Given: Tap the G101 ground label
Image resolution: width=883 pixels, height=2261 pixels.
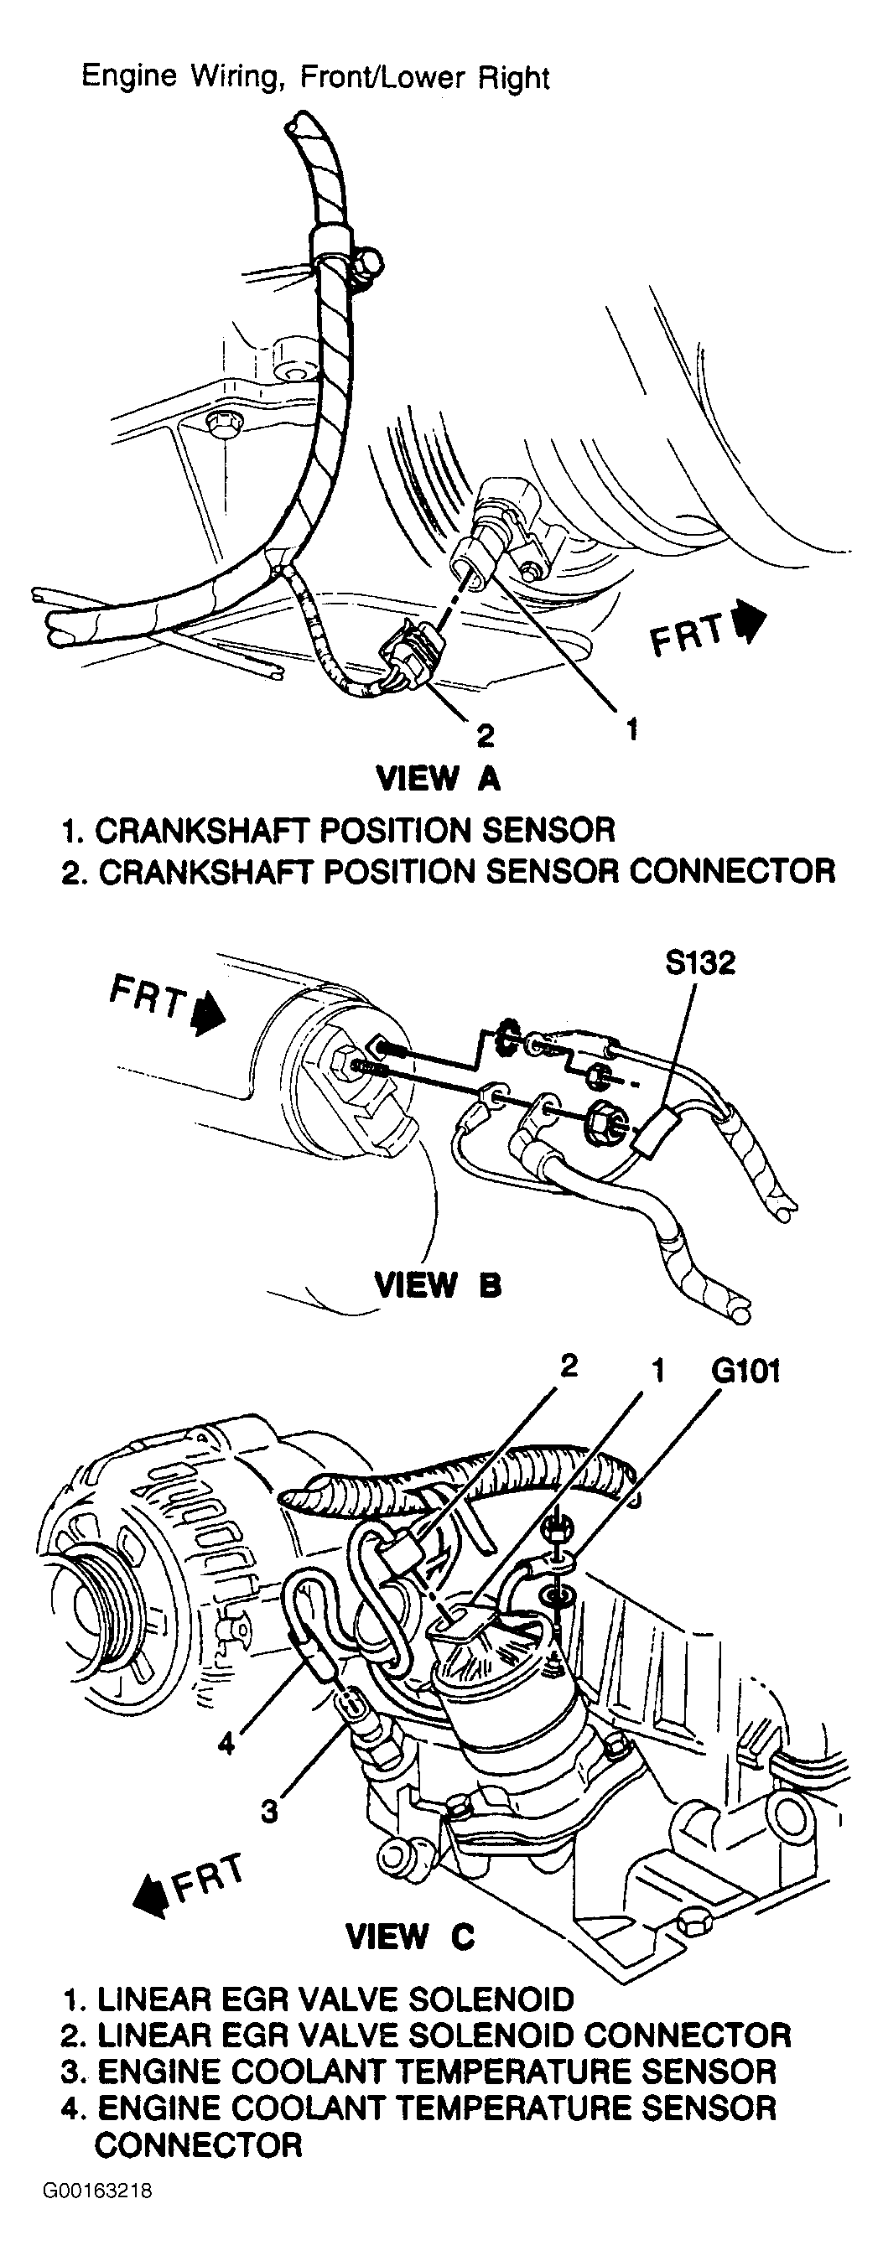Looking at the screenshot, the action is tap(745, 1370).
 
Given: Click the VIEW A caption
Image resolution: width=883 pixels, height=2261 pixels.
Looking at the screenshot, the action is tap(438, 778).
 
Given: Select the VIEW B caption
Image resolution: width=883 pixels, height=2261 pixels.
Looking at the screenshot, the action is tap(438, 1285).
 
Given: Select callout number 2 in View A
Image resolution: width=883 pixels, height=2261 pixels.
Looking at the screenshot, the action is tap(486, 734).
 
